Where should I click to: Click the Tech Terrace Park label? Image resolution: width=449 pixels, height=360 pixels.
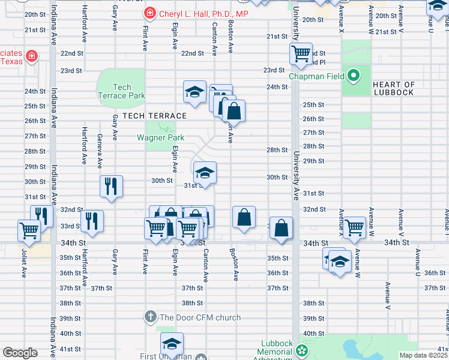[121, 91]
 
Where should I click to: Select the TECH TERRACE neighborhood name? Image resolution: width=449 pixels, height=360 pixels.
[154, 115]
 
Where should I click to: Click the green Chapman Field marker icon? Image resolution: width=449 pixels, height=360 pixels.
[354, 76]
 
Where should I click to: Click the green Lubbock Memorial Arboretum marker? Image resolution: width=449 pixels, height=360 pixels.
[303, 350]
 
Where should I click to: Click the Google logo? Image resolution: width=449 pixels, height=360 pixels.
[20, 353]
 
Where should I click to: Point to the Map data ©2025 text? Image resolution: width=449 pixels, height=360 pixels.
[424, 355]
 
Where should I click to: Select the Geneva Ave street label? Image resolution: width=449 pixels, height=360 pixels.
[100, 151]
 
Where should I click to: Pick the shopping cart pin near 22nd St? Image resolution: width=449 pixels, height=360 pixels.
[301, 53]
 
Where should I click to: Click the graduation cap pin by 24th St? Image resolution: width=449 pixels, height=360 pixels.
[194, 92]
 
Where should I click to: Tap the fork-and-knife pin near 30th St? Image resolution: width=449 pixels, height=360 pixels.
[111, 186]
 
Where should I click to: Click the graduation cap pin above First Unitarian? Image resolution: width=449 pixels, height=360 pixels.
[172, 344]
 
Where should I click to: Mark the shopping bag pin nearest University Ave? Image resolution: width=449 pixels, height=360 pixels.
[281, 228]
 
